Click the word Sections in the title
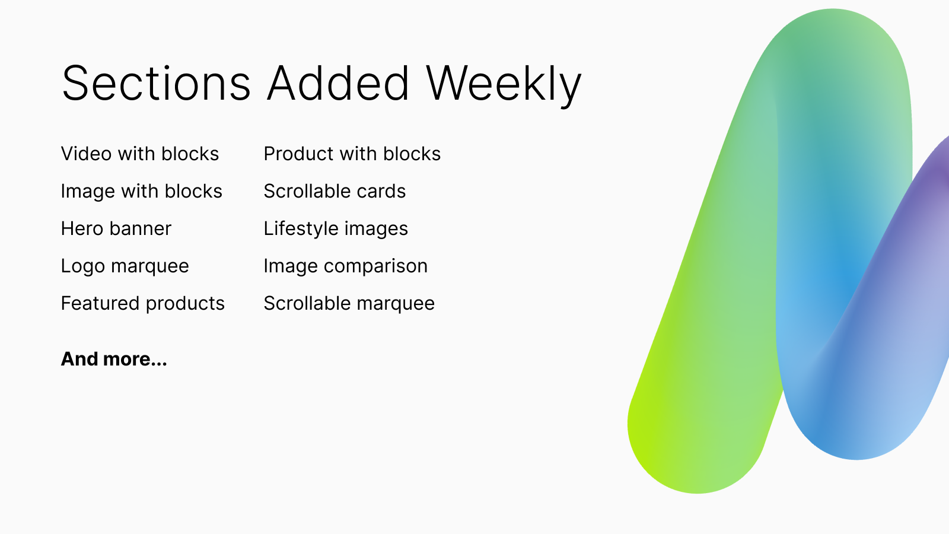pos(157,83)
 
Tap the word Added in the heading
pos(338,83)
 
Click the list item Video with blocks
pos(140,154)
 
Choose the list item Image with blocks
pos(142,191)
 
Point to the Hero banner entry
pos(116,228)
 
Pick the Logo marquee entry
pos(125,266)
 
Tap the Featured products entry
pos(143,304)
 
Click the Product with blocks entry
pos(352,154)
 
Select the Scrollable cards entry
pos(335,191)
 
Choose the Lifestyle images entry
pos(336,229)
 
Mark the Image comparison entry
pos(346,266)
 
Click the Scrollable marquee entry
pos(349,304)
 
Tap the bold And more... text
pos(114,359)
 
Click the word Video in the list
pos(87,154)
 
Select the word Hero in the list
pos(82,228)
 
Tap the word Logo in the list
pos(83,266)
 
